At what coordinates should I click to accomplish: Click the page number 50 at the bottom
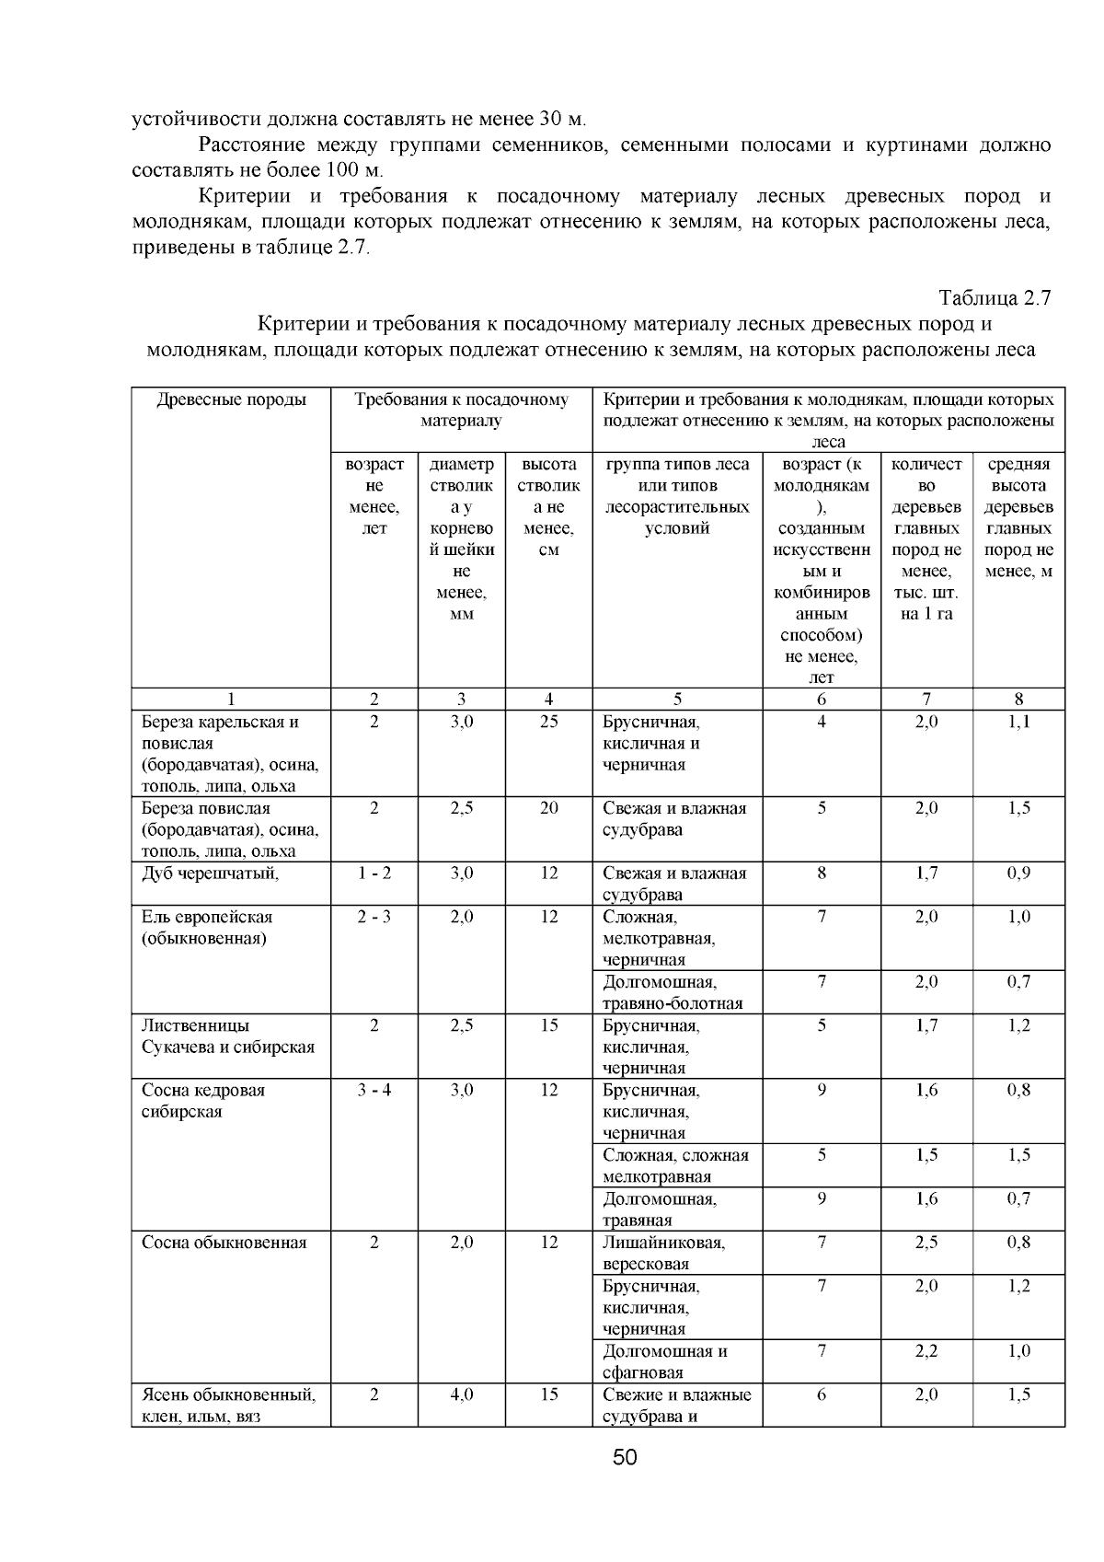[625, 1457]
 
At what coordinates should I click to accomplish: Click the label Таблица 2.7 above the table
[994, 298]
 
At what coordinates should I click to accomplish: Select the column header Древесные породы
[231, 399]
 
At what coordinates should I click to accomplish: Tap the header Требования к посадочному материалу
[461, 410]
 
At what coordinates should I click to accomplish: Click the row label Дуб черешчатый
[210, 873]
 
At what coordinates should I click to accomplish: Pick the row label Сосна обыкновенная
[224, 1242]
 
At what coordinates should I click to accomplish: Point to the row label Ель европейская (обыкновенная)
[206, 927]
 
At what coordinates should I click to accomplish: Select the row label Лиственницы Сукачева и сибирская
[227, 1036]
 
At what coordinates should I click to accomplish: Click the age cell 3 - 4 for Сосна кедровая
[374, 1090]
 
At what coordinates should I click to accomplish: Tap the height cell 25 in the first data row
[548, 722]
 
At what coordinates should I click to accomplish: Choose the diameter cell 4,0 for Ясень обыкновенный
[461, 1394]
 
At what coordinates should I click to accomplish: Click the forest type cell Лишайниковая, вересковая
[663, 1253]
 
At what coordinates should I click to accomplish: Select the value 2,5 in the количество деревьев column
[926, 1242]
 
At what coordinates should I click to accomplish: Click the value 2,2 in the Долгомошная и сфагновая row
[926, 1350]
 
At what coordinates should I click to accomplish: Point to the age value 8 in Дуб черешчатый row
[821, 873]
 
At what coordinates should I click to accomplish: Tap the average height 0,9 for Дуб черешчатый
[1018, 873]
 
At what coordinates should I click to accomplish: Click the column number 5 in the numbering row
[677, 699]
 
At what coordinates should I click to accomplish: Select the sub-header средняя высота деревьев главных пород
[1018, 517]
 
